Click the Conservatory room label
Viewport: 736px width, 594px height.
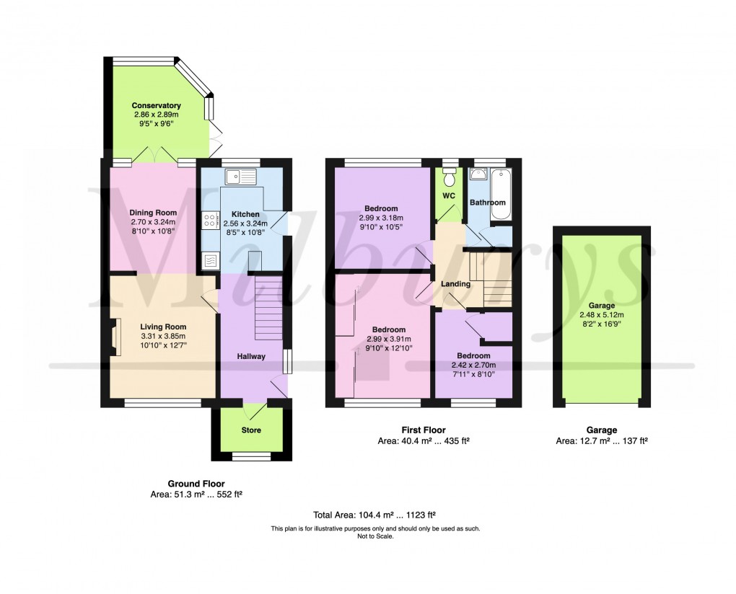pyautogui.click(x=156, y=106)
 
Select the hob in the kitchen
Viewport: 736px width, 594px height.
pyautogui.click(x=210, y=221)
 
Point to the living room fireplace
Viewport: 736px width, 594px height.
pyautogui.click(x=115, y=337)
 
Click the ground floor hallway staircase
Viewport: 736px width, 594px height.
pyautogui.click(x=268, y=308)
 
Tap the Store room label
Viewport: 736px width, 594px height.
pyautogui.click(x=251, y=430)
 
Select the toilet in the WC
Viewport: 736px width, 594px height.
pyautogui.click(x=450, y=177)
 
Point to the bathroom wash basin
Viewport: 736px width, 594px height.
pyautogui.click(x=477, y=175)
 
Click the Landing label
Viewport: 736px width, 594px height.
pyautogui.click(x=455, y=284)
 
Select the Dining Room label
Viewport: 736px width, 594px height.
pyautogui.click(x=153, y=213)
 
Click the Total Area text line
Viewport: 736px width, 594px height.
pyautogui.click(x=374, y=515)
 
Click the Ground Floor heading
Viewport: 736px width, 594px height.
pyautogui.click(x=196, y=484)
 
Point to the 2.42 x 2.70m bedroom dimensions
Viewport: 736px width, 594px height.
pyautogui.click(x=473, y=365)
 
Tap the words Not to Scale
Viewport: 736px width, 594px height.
pyautogui.click(x=374, y=536)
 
